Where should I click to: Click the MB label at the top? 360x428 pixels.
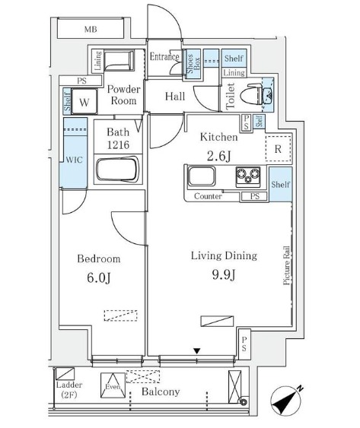(x=91, y=29)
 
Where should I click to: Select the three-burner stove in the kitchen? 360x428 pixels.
(x=248, y=177)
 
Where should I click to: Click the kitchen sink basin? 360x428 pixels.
(x=202, y=176)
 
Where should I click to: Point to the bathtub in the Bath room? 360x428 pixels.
(x=118, y=169)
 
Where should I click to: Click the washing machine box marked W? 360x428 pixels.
(x=84, y=101)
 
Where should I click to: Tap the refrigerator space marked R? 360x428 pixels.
(x=278, y=149)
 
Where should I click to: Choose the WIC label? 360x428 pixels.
(x=74, y=160)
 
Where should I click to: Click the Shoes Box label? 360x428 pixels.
(x=193, y=64)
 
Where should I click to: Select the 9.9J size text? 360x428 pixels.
(x=224, y=274)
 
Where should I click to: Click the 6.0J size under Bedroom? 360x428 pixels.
(x=99, y=278)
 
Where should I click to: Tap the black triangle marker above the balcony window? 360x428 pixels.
(x=197, y=350)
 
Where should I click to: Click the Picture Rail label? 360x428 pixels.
(x=286, y=265)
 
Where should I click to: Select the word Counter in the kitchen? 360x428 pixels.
(x=208, y=196)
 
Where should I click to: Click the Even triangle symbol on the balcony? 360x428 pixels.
(x=113, y=385)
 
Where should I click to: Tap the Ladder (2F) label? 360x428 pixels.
(x=69, y=390)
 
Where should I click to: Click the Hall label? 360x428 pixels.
(x=175, y=97)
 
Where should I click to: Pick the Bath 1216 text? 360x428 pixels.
(x=118, y=138)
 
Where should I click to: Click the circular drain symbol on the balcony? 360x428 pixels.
(x=244, y=401)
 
